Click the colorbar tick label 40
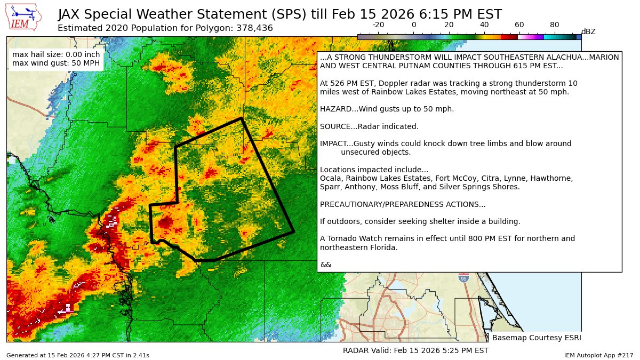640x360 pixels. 484,25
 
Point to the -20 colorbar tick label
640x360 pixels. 378,25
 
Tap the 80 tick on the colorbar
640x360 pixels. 554,25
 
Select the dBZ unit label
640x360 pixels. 588,32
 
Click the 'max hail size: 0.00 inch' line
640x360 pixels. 55,54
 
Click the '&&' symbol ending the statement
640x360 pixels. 325,265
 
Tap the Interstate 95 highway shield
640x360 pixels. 463,278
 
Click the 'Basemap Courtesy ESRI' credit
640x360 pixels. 536,338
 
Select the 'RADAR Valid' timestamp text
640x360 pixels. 415,350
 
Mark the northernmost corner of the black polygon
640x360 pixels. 242,118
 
